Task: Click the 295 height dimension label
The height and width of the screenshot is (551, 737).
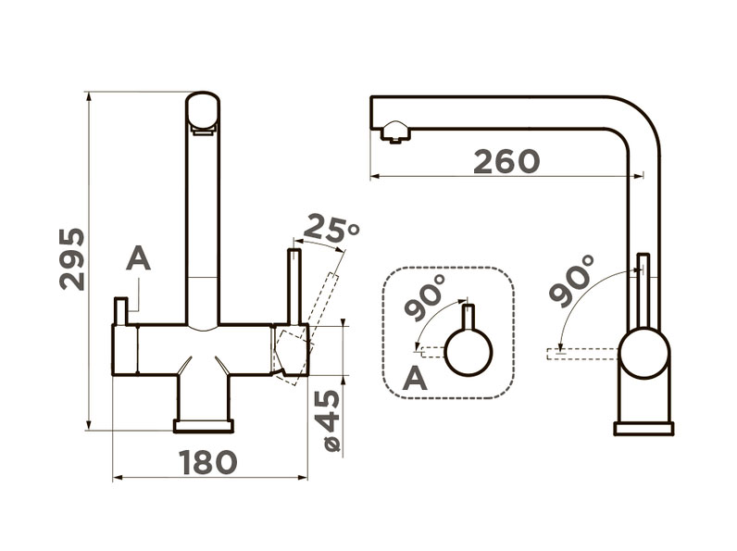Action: pos(72,259)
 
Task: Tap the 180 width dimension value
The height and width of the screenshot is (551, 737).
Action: pos(207,462)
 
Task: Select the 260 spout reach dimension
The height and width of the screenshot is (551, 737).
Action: pos(506,161)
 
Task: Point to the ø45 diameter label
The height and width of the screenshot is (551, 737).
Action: pos(332,420)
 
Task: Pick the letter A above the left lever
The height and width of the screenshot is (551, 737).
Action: pos(138,259)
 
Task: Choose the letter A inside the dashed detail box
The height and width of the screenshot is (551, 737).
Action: pos(415,378)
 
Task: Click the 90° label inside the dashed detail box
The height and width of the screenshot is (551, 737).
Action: pos(424,297)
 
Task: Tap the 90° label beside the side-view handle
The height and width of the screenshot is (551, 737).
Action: pos(571,281)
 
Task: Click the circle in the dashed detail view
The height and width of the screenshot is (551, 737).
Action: pos(468,352)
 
